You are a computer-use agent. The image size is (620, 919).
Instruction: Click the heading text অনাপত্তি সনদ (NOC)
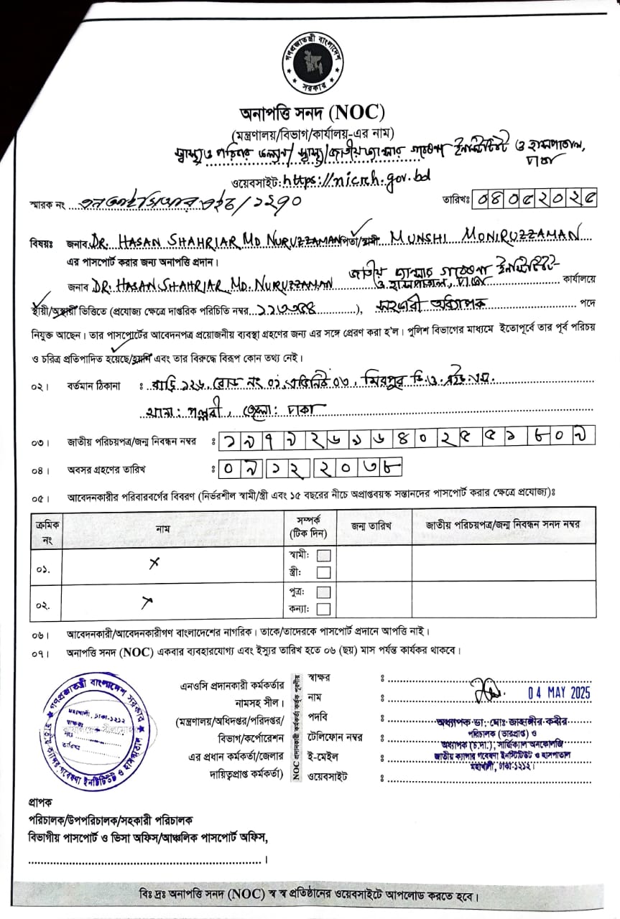(x=313, y=113)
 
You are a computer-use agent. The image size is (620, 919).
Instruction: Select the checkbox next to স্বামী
(x=323, y=555)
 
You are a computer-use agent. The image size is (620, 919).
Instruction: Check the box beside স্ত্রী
(x=323, y=572)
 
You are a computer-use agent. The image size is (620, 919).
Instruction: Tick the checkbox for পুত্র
(x=323, y=592)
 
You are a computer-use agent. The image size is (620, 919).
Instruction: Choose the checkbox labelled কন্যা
(x=323, y=610)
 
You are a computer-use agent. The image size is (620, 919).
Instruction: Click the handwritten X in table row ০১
(x=153, y=564)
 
